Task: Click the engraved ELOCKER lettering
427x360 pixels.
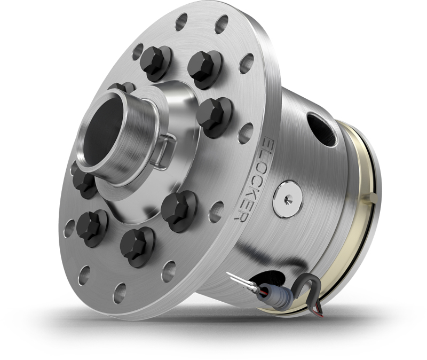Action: click(254, 179)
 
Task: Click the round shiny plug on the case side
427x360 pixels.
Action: click(287, 199)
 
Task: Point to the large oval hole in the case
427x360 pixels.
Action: click(321, 128)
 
